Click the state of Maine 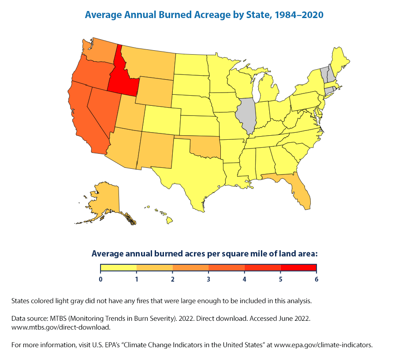340,60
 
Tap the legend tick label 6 316,279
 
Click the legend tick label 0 100,279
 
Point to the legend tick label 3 208,279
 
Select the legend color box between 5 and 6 298,267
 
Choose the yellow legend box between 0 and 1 119,267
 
